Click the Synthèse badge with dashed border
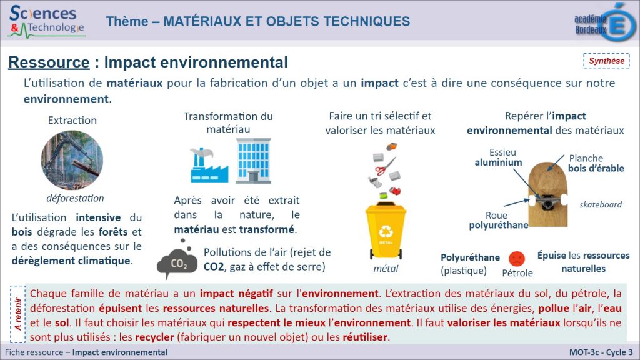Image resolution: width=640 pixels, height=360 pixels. click(x=606, y=61)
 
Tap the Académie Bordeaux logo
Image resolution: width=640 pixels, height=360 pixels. click(x=605, y=22)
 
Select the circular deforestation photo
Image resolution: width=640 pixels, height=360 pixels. click(x=72, y=159)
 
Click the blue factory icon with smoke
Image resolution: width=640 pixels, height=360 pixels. click(x=209, y=165)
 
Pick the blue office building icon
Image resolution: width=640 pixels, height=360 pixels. click(x=254, y=161)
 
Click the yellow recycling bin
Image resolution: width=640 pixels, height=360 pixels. click(x=386, y=231)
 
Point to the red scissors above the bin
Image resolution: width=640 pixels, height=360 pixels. click(x=385, y=166)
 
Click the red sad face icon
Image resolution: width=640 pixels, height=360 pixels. click(x=517, y=259)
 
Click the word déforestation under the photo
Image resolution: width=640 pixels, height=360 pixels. click(x=75, y=198)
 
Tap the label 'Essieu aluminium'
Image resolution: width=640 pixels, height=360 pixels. click(x=499, y=157)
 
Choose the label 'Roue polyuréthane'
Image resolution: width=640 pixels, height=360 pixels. click(x=498, y=221)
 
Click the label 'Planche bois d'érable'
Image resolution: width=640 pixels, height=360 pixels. click(x=596, y=163)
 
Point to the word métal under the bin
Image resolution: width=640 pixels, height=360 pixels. click(x=386, y=269)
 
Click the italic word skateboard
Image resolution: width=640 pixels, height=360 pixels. click(x=601, y=204)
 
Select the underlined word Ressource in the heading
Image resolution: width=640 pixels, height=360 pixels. click(x=49, y=62)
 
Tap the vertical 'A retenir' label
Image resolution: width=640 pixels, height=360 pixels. click(x=17, y=314)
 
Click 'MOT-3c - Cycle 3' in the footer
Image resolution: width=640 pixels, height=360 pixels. click(x=601, y=352)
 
